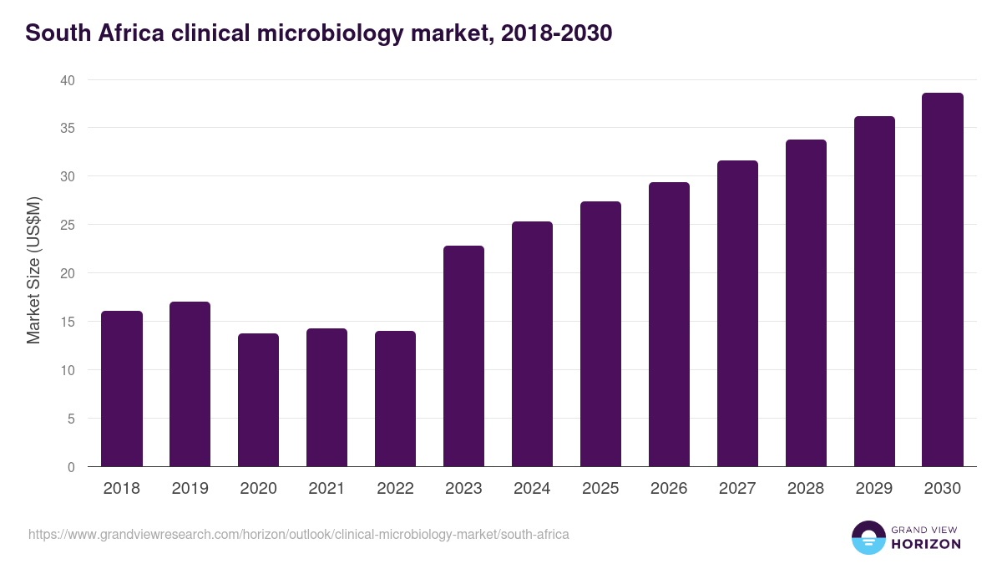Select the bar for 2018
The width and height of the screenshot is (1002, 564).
(x=122, y=389)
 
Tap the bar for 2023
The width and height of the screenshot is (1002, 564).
(x=463, y=356)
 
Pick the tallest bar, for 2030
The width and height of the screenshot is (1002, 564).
(x=943, y=280)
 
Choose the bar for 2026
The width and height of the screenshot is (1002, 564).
(x=669, y=324)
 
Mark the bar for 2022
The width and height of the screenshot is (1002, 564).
(x=395, y=399)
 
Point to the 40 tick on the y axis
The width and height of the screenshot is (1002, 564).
(x=67, y=80)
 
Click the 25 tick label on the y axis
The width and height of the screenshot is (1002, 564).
(x=67, y=225)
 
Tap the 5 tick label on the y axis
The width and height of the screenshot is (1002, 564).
(x=70, y=419)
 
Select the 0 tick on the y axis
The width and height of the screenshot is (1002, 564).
(x=70, y=467)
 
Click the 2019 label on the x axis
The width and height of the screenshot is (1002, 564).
(x=190, y=489)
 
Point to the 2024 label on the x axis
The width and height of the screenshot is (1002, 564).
(x=532, y=489)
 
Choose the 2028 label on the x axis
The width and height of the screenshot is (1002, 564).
(x=806, y=489)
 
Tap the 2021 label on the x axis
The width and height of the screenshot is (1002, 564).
(x=326, y=489)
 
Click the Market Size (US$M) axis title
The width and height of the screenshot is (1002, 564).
(x=33, y=270)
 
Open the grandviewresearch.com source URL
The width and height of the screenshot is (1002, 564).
(x=299, y=534)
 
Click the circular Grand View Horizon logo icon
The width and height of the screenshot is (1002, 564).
(x=868, y=537)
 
